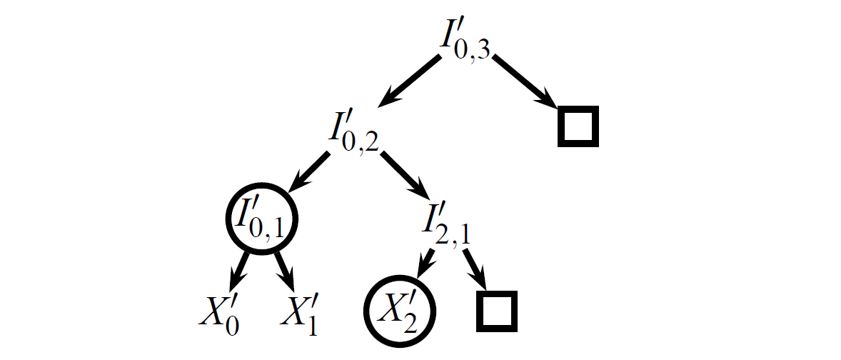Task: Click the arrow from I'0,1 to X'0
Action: pyautogui.click(x=238, y=271)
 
